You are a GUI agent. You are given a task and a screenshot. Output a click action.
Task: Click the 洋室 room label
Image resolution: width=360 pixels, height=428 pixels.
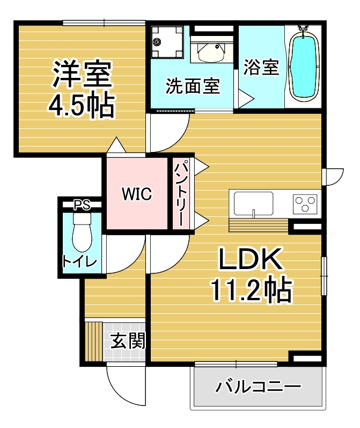(x=82, y=74)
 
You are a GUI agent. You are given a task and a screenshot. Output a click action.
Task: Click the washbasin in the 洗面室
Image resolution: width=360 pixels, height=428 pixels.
(x=211, y=52)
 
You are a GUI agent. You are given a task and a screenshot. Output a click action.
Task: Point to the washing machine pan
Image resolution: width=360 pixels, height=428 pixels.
(x=167, y=42)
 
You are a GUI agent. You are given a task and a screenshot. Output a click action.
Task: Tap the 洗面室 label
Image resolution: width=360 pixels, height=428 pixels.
(x=193, y=86)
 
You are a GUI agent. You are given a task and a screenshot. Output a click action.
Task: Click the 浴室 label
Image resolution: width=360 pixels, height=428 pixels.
(x=261, y=67)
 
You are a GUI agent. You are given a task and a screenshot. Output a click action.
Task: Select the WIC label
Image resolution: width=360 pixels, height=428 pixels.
(x=137, y=194)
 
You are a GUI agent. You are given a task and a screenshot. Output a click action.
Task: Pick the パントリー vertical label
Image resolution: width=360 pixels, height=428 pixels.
(x=181, y=194)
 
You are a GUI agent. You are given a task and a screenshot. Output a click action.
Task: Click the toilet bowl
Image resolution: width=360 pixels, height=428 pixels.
(x=82, y=232)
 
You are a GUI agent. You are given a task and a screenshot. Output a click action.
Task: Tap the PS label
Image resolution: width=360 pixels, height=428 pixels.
(x=82, y=205)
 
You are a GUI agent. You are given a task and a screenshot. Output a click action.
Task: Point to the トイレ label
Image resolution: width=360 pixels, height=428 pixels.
(x=79, y=262)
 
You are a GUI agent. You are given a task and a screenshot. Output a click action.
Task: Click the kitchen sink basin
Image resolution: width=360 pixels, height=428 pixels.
(x=253, y=204)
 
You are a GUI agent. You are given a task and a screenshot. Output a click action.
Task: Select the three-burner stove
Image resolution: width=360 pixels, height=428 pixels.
(x=305, y=204)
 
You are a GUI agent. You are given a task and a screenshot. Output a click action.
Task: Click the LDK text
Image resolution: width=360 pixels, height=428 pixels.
(x=251, y=258)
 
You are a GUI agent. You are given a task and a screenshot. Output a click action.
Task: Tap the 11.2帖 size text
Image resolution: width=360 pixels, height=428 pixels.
(x=252, y=289)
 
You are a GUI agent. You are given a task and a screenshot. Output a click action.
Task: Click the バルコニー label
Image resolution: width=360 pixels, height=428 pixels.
(x=258, y=387)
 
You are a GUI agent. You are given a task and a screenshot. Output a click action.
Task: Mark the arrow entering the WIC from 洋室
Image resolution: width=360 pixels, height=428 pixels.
(x=116, y=144)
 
